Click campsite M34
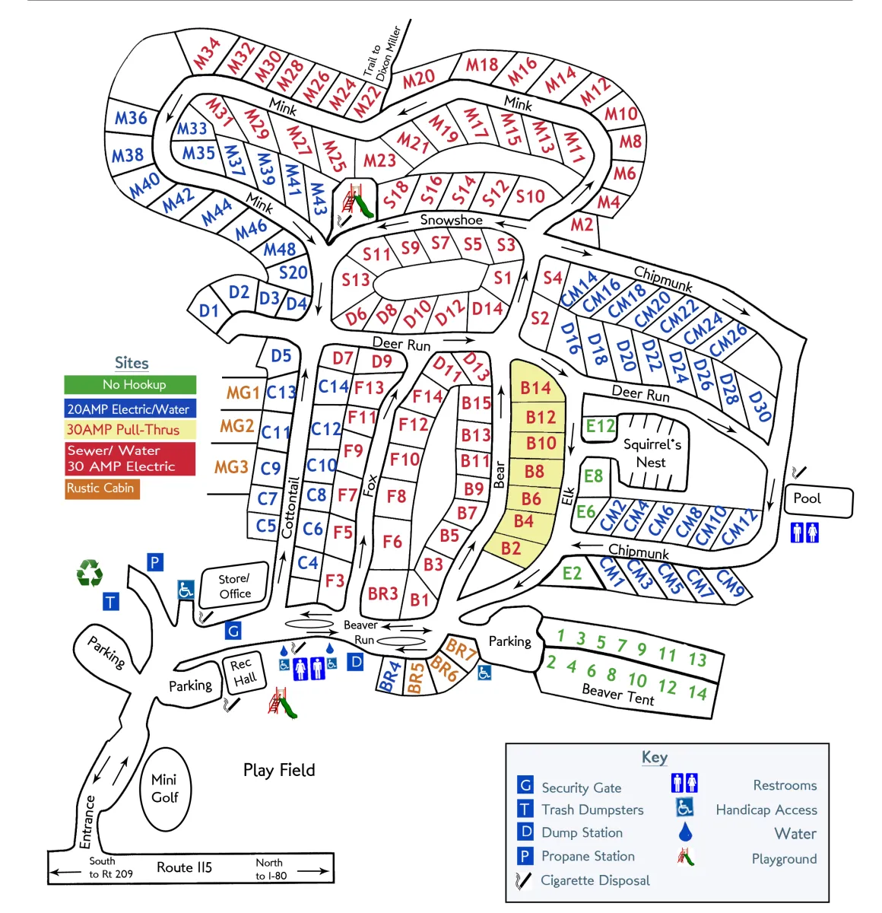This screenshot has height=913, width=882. pos(206,53)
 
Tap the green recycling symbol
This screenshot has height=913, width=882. pos(89,572)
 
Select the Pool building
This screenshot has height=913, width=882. pos(818,501)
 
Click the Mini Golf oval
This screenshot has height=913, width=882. pos(165,789)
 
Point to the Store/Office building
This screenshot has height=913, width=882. pos(234,586)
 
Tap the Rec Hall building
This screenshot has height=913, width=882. pos(244,671)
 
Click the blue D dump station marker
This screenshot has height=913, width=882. pos(355,661)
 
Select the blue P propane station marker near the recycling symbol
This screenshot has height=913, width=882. pos(155,561)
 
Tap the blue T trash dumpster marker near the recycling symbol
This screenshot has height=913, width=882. pos(111,601)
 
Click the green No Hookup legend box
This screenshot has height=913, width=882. pos(130,384)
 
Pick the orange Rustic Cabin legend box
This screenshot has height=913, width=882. pos(102,488)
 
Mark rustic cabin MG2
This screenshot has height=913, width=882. pos(236,426)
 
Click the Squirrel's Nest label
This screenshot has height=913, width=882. pos(652,453)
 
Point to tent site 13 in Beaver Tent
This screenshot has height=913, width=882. pos(697,659)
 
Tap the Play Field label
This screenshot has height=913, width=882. pos(279,770)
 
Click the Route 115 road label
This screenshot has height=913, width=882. pos(184,867)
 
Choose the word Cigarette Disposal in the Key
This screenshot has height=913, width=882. pos(595,880)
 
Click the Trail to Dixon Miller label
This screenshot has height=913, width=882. pos(382,53)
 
